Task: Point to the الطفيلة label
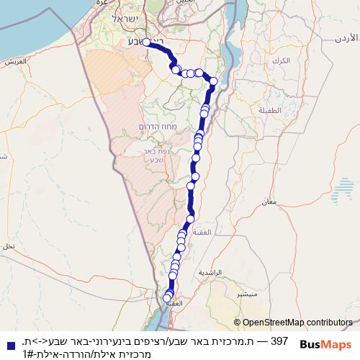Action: pos(270,109)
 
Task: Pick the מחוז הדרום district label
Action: pos(154,127)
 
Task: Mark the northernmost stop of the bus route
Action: pos(146,42)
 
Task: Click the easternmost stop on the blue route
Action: pos(213,81)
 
